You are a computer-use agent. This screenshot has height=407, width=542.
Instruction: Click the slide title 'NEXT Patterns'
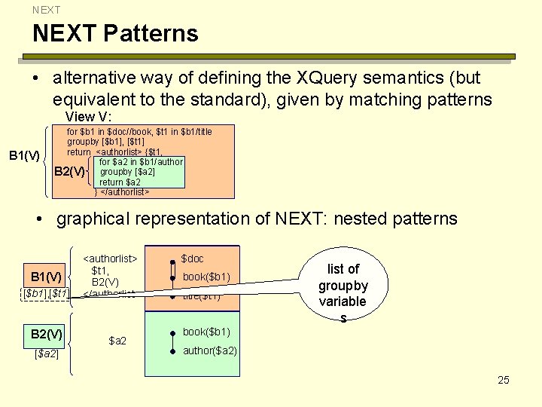tap(114, 33)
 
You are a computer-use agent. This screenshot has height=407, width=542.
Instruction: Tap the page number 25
tap(504, 380)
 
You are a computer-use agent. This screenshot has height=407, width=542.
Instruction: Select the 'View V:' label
tap(88, 117)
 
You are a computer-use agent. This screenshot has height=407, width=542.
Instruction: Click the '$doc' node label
tap(192, 259)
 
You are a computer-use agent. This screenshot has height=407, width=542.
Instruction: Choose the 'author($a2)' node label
tap(210, 350)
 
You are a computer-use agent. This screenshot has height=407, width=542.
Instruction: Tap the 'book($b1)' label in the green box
tap(206, 332)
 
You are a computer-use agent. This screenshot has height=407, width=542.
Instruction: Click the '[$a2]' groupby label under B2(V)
tap(47, 352)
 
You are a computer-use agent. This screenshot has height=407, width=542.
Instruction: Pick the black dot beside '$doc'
tap(172, 262)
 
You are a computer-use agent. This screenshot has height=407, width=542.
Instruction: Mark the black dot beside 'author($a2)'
tap(172, 351)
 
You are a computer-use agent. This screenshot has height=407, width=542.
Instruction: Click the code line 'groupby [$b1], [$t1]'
tap(105, 141)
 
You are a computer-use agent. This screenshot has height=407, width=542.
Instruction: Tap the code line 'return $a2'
tap(120, 182)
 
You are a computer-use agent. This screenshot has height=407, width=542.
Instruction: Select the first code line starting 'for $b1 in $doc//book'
tap(139, 131)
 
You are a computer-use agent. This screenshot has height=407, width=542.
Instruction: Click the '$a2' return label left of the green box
tap(117, 341)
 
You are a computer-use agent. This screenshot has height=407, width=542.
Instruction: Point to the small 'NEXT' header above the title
tap(46, 10)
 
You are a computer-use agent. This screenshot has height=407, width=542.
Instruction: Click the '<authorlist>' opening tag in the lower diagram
tap(110, 259)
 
